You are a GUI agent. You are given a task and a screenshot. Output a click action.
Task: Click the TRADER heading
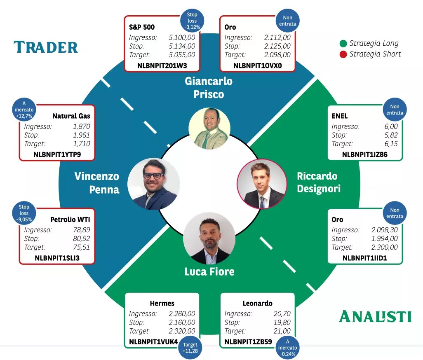coord(46,47)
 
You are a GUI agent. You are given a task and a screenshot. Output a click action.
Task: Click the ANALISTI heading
coord(375,316)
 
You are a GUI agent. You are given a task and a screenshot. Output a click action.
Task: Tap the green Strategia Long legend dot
coord(343,43)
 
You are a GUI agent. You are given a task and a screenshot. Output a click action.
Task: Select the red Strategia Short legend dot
coord(343,54)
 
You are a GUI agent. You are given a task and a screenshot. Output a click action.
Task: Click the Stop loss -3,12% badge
coord(192,21)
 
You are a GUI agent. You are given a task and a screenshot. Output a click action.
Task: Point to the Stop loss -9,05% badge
coord(24,213)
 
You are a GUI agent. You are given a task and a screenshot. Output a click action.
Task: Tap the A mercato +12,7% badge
coord(24,110)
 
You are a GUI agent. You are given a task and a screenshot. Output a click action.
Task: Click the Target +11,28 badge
coord(190,348)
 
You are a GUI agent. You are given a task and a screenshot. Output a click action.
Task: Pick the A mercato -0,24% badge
coord(288,348)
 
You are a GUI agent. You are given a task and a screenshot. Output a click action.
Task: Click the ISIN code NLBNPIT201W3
coord(162,66)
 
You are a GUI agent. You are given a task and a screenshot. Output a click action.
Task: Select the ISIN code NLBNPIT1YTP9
coord(57,154)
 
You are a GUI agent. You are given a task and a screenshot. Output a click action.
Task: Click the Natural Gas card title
coord(71,116)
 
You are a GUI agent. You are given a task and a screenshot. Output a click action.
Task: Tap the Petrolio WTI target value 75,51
coord(82,247)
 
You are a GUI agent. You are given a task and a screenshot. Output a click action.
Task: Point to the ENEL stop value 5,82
coord(391,135)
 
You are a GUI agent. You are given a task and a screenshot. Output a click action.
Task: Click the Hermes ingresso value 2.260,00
coord(182,313)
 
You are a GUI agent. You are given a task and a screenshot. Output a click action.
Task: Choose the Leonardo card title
coord(257,304)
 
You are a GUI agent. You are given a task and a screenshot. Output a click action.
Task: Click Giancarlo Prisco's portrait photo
coord(209,129)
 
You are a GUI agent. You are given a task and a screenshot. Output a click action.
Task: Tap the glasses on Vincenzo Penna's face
coord(153,176)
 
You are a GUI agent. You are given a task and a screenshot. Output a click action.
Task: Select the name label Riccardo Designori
coord(319,182)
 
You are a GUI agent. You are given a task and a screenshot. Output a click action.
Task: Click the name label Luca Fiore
coord(209,271)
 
